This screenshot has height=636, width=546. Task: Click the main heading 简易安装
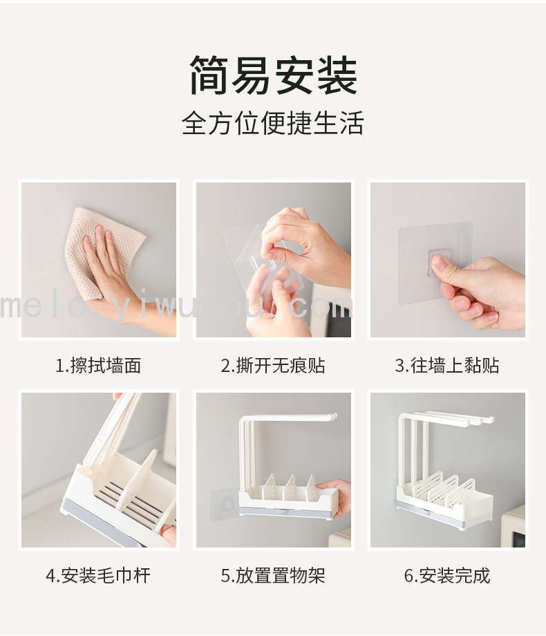[x=274, y=76]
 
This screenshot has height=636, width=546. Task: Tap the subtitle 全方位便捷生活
[x=272, y=123]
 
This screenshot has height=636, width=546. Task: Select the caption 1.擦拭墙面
[x=98, y=366]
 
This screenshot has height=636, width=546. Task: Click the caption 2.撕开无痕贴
[x=273, y=366]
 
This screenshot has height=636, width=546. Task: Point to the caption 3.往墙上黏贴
[x=447, y=366]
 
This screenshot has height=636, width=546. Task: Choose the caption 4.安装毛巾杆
[x=98, y=576]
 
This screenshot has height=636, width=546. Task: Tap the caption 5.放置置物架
[x=273, y=576]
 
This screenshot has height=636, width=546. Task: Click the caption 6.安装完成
[x=447, y=576]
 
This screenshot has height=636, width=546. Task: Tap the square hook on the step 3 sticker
[x=440, y=263]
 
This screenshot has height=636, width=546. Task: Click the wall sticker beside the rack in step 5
[x=225, y=504]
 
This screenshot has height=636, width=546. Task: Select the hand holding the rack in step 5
[x=334, y=497]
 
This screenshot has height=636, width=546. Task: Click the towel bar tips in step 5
[x=330, y=417]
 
